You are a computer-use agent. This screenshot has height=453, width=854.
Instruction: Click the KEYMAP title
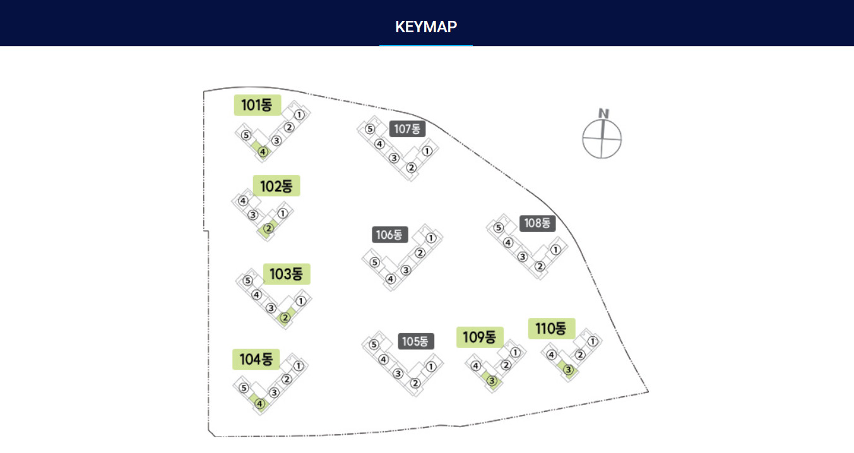(426, 27)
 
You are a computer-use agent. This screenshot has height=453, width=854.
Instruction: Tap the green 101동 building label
(258, 105)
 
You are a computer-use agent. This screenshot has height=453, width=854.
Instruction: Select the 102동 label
(276, 186)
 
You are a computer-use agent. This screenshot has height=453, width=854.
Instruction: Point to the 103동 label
(287, 274)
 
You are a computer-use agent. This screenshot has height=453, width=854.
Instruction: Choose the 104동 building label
(256, 359)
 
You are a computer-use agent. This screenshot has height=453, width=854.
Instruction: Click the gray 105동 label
(416, 341)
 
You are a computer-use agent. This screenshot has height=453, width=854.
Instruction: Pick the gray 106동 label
(390, 234)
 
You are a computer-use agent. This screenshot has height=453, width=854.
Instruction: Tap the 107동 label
(407, 129)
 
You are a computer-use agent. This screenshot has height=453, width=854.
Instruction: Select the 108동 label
(538, 223)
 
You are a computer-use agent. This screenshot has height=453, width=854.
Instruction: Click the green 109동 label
(480, 337)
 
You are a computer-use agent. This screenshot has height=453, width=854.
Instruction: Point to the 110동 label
(552, 328)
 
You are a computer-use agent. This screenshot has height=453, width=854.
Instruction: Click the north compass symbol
(602, 135)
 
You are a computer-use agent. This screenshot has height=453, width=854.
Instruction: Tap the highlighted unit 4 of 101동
(263, 152)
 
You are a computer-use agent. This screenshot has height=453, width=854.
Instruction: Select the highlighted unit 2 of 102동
(268, 228)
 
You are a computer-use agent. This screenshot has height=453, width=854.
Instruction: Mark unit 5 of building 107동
(370, 129)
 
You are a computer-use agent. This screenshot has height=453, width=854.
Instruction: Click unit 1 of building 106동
(431, 238)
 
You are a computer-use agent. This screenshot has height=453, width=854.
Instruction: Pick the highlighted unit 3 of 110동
(569, 370)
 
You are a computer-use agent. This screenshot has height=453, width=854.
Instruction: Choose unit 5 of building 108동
(498, 227)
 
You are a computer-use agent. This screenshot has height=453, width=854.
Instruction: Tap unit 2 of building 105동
(415, 383)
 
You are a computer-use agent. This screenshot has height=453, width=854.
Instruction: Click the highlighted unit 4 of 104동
(259, 403)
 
